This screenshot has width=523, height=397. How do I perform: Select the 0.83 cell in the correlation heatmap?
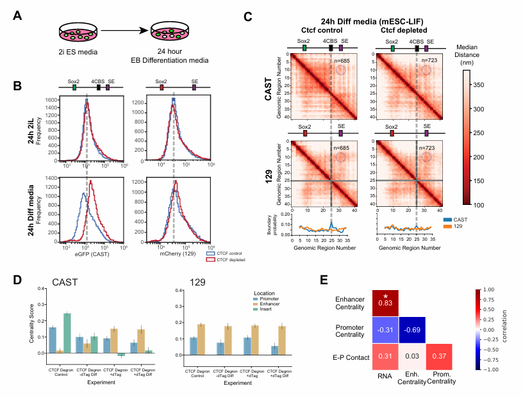(385, 301)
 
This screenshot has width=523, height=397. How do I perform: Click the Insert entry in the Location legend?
(274, 255)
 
